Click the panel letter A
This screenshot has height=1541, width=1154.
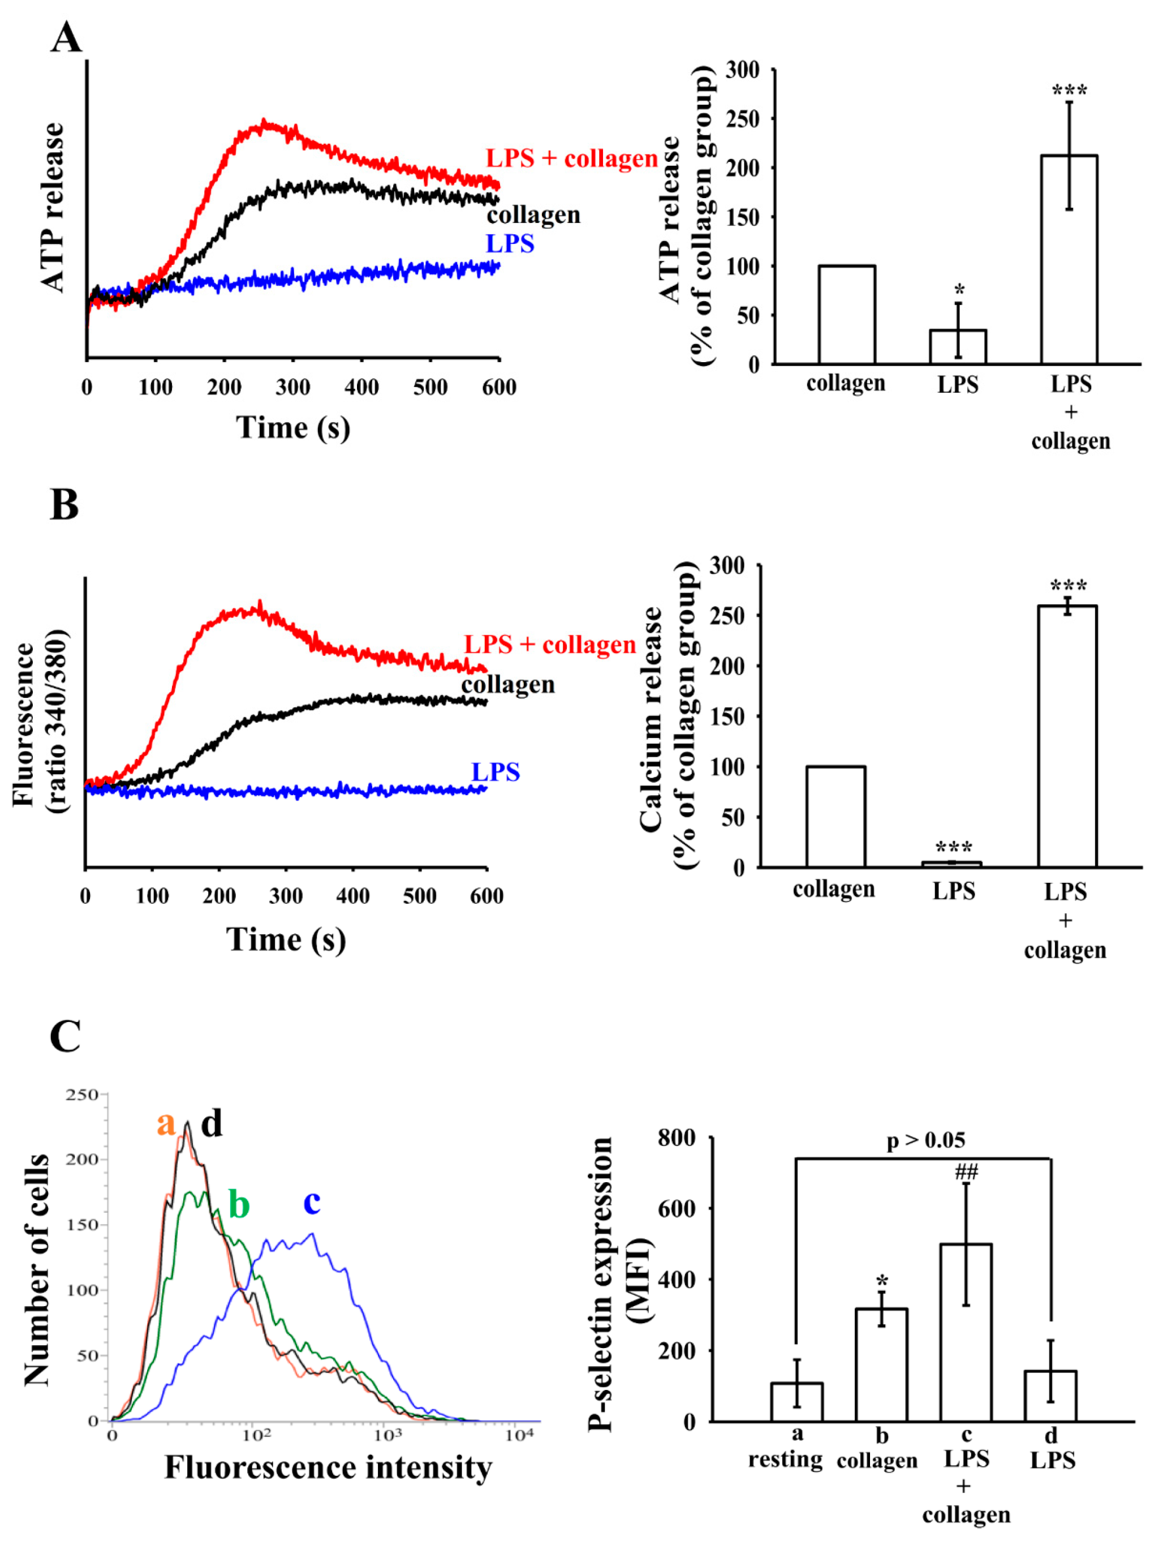click(66, 37)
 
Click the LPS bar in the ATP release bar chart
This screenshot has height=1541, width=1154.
click(958, 346)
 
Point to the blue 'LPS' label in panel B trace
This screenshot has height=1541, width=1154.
click(495, 772)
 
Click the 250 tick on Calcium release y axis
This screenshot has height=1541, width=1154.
click(726, 616)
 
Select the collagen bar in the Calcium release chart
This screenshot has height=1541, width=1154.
click(835, 817)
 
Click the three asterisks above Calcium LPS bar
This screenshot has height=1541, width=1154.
click(953, 848)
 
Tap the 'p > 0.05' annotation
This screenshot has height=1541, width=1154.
click(925, 1140)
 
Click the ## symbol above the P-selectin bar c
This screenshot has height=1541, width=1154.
click(966, 1172)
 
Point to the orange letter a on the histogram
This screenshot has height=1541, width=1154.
click(166, 1124)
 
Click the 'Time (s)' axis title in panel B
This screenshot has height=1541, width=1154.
click(286, 939)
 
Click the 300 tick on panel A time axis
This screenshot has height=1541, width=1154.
click(292, 387)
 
